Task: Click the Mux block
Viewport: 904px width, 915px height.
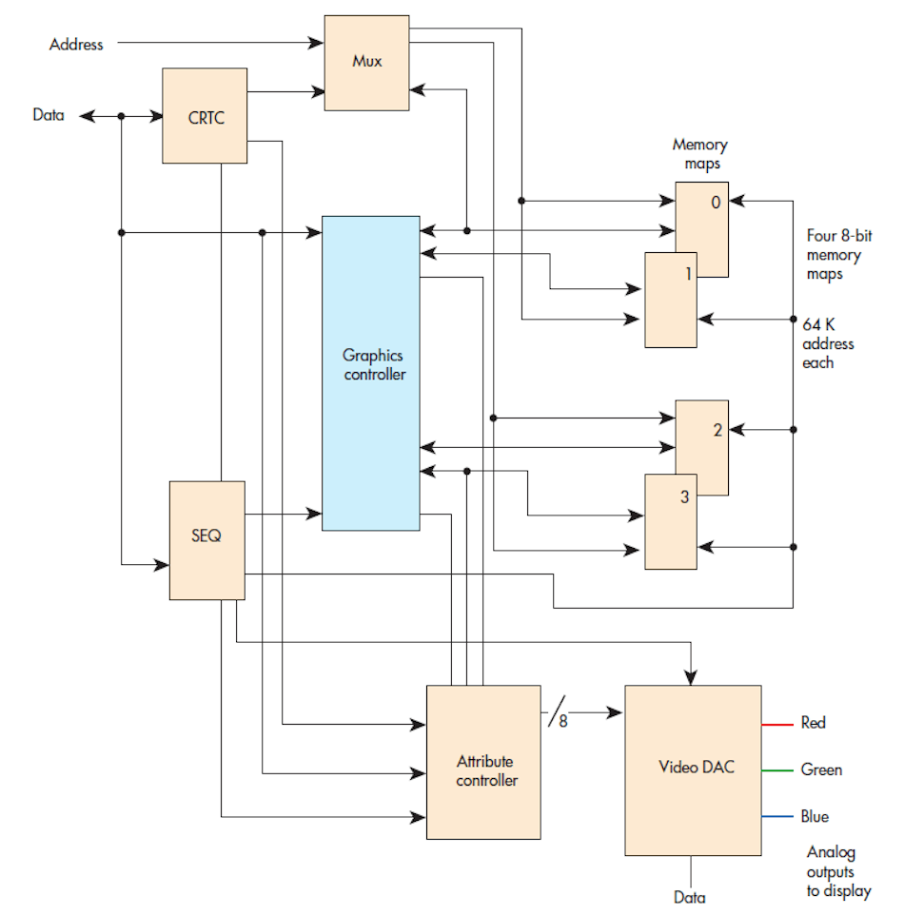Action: click(x=367, y=62)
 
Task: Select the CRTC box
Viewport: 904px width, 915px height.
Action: click(x=205, y=116)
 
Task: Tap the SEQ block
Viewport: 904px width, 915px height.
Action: click(x=206, y=539)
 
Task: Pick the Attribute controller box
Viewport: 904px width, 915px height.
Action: click(x=483, y=770)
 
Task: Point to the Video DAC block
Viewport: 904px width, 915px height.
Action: click(x=693, y=769)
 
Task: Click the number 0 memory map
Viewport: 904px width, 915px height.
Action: click(x=715, y=202)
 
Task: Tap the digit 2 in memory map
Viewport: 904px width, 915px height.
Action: click(x=717, y=430)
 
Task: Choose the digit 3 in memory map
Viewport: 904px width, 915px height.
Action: click(x=684, y=497)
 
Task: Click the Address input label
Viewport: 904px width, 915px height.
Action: click(x=76, y=43)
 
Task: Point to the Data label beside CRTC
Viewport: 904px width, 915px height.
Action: click(x=49, y=116)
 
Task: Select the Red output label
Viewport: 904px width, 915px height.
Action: click(x=813, y=723)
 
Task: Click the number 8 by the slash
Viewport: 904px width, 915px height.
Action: click(x=562, y=722)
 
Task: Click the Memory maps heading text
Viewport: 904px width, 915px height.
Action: click(x=699, y=154)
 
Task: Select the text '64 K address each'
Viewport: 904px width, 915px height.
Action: click(x=827, y=343)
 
